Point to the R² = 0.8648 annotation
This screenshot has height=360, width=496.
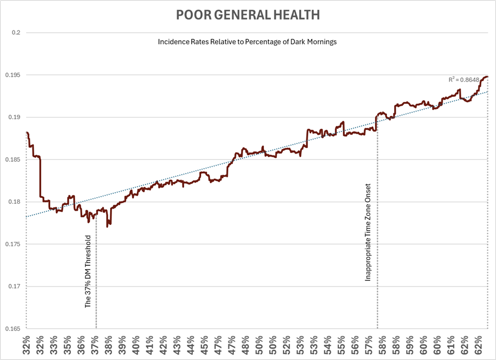click(x=463, y=80)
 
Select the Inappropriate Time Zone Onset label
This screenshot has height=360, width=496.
click(x=368, y=232)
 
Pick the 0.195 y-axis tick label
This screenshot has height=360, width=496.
click(x=13, y=75)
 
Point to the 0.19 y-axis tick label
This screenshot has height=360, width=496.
click(x=15, y=117)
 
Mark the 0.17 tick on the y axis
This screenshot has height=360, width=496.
click(x=15, y=286)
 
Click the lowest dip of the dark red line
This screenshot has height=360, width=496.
click(x=107, y=226)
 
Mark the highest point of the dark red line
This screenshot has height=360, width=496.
click(x=487, y=77)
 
